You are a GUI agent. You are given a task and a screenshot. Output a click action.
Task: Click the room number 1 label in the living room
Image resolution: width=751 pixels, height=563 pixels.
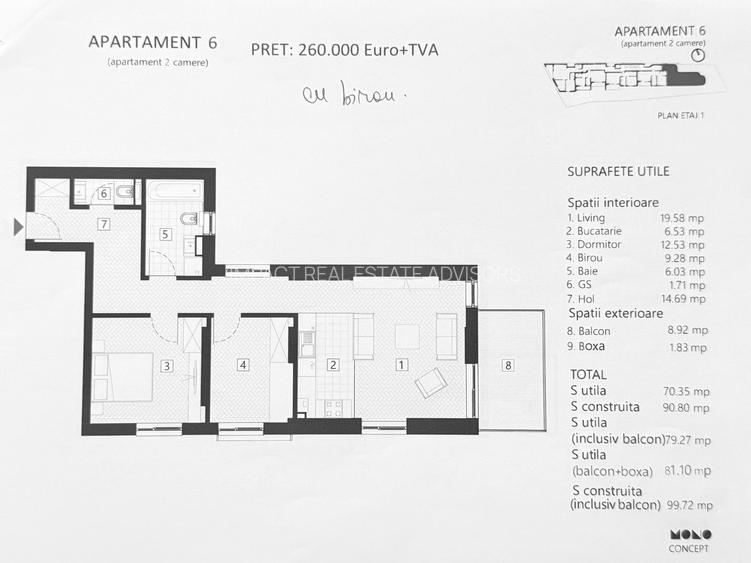400,365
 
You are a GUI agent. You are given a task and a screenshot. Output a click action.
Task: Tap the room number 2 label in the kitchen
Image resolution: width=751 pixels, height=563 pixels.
334,365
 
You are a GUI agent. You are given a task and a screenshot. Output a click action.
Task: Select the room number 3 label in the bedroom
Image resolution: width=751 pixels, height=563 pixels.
167,365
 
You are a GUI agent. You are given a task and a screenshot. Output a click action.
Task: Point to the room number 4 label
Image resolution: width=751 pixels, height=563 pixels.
243,365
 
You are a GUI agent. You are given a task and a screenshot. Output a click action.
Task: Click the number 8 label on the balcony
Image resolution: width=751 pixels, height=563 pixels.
508,366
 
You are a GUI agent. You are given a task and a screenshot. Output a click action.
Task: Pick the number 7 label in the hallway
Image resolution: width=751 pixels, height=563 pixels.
103,225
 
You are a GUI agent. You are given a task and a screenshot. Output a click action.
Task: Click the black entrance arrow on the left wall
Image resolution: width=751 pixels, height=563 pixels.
18,227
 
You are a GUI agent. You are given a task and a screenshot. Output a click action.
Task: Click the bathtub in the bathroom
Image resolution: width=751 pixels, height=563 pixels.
174,191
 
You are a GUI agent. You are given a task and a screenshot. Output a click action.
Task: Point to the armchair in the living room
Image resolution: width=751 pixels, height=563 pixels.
431,382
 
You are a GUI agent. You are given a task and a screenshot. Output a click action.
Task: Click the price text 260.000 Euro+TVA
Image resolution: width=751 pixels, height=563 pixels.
344,49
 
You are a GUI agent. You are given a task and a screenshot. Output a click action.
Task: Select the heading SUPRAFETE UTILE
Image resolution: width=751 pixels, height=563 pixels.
618,172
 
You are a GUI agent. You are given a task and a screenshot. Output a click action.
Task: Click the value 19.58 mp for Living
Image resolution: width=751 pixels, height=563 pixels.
683,217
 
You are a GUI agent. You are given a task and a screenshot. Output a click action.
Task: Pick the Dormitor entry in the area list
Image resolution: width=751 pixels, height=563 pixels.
595,244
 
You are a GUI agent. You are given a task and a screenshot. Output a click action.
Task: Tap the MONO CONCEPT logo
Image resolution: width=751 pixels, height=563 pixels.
690,540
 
